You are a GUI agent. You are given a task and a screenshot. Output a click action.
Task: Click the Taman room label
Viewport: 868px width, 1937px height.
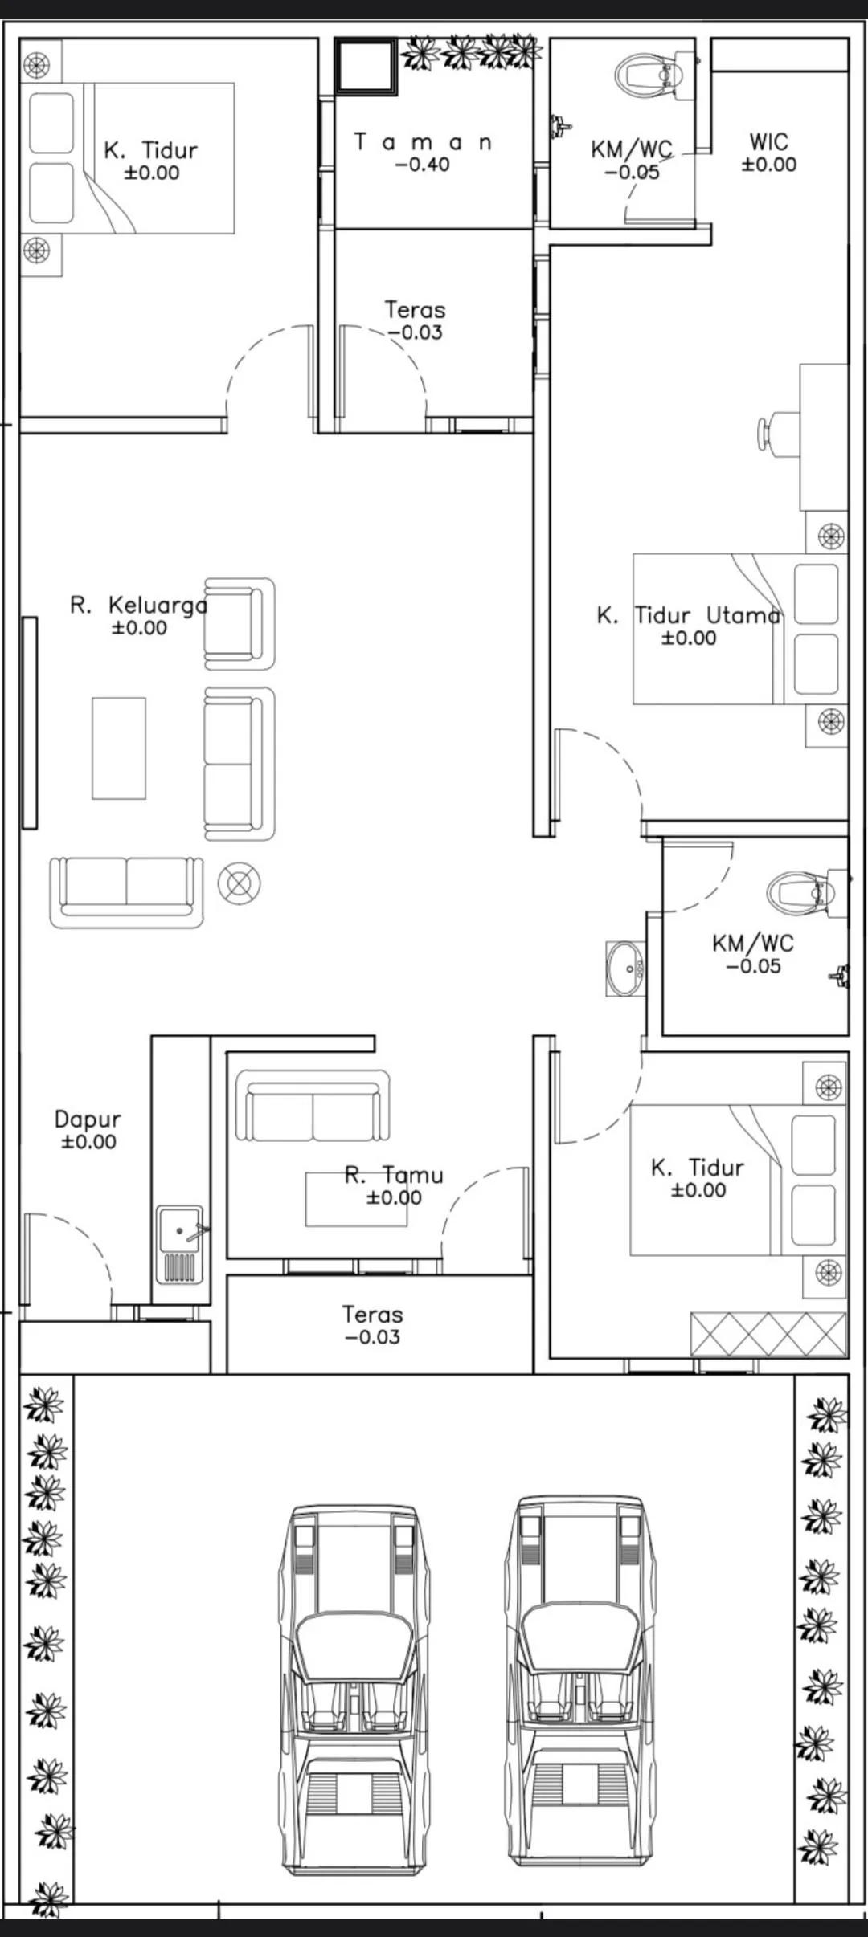coord(423,142)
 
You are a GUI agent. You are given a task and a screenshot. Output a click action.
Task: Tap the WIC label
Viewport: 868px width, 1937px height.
coord(768,142)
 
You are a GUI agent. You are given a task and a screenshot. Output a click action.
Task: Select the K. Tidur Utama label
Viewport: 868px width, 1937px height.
coord(688,616)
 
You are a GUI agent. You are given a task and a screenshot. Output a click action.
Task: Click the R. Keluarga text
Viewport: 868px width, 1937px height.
coord(138,606)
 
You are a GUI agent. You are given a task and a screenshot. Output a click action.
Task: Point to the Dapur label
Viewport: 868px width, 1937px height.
coord(88,1119)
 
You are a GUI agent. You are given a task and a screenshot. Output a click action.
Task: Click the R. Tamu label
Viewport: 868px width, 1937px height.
coord(394,1176)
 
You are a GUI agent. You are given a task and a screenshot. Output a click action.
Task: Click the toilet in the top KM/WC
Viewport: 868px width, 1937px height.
coord(647,75)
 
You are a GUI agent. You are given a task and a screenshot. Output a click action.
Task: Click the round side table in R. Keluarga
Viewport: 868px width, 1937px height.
coord(239,883)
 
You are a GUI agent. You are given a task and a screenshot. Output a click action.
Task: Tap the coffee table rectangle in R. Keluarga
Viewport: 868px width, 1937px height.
coord(119,748)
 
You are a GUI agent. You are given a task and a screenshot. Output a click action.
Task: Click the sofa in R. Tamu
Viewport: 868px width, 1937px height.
coord(313,1106)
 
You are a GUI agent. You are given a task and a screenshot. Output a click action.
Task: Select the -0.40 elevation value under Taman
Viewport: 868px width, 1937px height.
coord(423,165)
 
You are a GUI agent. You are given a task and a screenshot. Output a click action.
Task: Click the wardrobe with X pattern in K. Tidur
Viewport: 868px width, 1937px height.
coord(768,1335)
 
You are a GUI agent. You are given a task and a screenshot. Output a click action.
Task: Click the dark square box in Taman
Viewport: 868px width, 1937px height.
coord(366,67)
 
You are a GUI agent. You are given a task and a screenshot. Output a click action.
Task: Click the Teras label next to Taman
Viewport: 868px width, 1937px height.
coord(415,310)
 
